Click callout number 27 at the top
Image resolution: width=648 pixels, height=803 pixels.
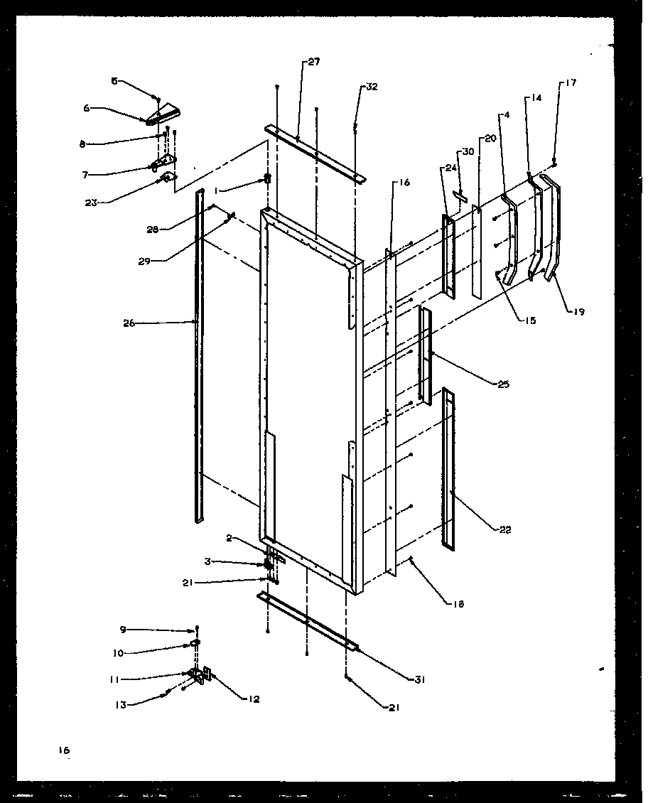click(313, 63)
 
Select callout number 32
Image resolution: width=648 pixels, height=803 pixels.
click(372, 87)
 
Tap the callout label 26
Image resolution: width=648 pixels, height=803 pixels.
click(129, 323)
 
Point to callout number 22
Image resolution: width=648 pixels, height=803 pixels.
click(504, 529)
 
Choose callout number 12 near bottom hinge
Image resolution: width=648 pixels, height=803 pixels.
click(254, 699)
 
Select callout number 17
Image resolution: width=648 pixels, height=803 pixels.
click(571, 83)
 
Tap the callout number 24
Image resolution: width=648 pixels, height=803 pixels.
click(450, 168)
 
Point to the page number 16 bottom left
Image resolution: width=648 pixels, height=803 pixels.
click(65, 750)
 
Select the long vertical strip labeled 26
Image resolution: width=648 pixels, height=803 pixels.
click(199, 355)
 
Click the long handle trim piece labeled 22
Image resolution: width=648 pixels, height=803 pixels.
click(448, 469)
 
